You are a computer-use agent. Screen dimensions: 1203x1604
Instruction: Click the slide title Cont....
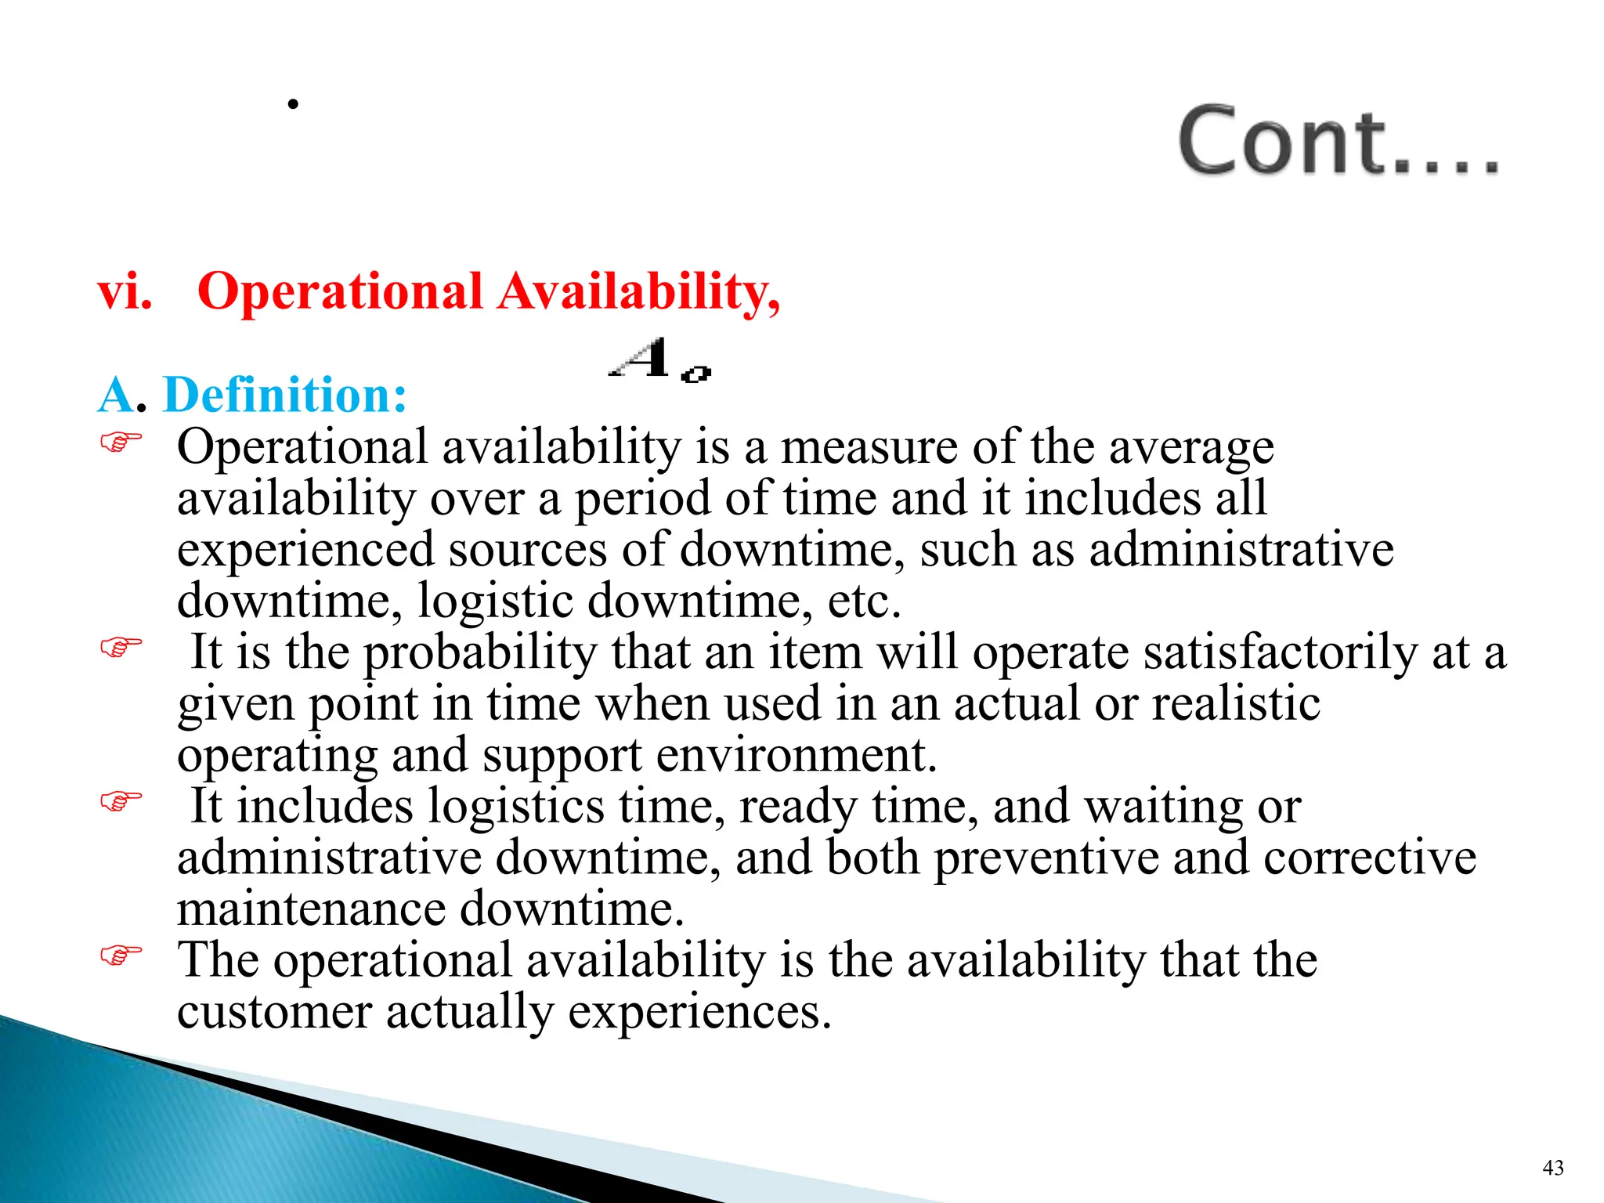[1338, 141]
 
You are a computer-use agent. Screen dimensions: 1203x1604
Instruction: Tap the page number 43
[1552, 1168]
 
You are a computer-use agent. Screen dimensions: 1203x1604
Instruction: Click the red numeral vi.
[125, 292]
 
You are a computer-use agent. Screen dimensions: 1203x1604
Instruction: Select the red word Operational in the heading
[340, 292]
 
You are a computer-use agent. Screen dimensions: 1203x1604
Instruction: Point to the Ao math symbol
[659, 361]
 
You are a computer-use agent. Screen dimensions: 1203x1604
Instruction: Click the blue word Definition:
[285, 395]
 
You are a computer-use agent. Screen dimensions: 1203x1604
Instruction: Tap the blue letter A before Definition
[116, 395]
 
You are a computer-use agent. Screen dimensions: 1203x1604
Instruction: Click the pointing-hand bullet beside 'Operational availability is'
[121, 443]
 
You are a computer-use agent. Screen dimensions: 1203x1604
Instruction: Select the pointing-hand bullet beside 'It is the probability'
[121, 647]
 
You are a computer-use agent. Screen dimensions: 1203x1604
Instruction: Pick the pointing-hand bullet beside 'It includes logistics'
[121, 801]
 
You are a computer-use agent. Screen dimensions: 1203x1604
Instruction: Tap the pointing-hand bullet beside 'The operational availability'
[121, 955]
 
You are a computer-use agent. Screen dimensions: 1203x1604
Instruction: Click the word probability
[480, 653]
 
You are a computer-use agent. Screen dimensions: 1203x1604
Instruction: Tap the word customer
[274, 1012]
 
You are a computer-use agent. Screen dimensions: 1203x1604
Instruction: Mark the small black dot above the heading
[293, 103]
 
